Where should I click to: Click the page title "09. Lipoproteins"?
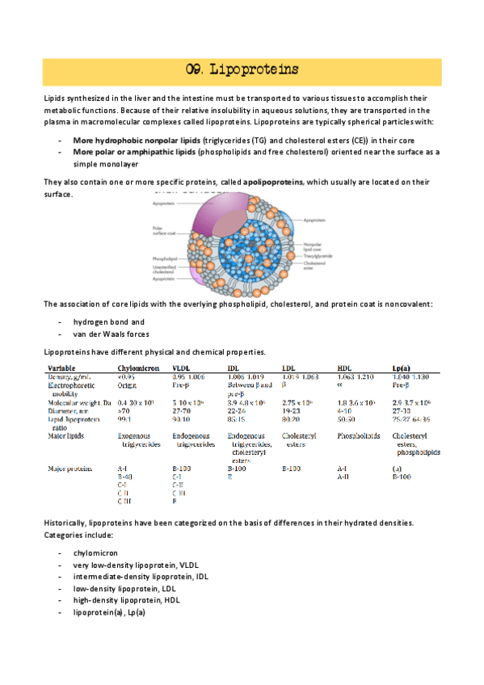coord(242,69)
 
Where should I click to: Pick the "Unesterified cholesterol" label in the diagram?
coord(164,269)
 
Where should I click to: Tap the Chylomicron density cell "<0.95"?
coord(126,376)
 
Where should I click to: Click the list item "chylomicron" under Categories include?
coord(95,552)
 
